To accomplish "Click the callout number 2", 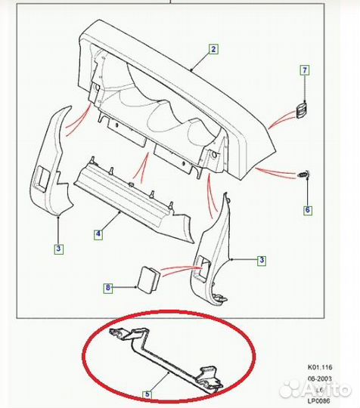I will [x=213, y=50].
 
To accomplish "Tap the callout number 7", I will [x=306, y=70].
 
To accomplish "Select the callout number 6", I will [x=307, y=210].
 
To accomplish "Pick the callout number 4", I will [x=98, y=235].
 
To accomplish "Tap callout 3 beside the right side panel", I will [x=262, y=261].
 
